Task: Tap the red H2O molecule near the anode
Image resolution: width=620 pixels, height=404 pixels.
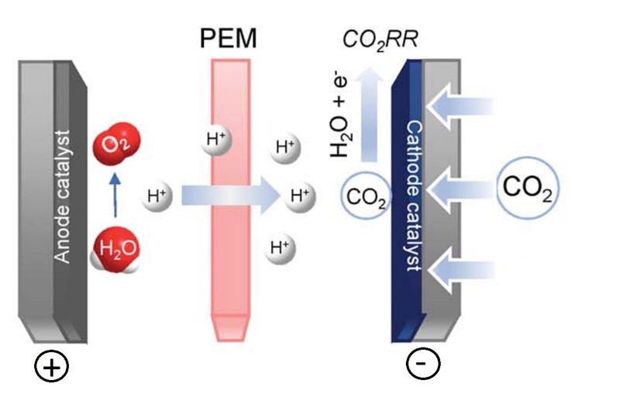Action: coord(110,250)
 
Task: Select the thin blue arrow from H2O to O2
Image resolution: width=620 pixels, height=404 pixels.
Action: coord(115,197)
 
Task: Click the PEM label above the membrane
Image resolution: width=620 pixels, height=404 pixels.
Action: coord(230,38)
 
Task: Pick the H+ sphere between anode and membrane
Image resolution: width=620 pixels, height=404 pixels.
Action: coord(157,196)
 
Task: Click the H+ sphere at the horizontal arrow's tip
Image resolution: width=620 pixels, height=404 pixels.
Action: coord(299,195)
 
